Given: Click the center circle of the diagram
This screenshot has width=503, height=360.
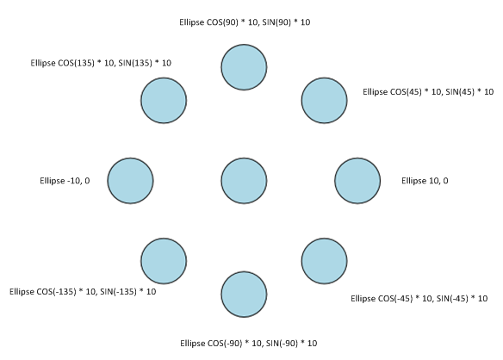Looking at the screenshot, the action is [244, 181].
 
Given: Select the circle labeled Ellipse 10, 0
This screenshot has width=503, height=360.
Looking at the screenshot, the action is [357, 181].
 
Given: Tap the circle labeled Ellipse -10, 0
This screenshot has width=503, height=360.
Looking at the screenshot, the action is [130, 181].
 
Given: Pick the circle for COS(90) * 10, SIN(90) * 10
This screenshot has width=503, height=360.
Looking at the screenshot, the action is [244, 67].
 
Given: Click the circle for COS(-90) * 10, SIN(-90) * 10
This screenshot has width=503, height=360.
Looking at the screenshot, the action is [244, 295].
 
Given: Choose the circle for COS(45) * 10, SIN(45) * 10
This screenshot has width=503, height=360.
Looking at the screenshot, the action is [324, 101].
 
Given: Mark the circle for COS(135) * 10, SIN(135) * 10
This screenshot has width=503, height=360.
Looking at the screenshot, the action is [164, 101].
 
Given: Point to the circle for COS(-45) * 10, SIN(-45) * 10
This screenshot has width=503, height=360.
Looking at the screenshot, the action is [324, 261].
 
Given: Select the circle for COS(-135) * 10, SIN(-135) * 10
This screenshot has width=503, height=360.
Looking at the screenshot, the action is [164, 261].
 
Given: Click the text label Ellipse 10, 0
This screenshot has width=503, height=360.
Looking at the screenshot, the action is [425, 181].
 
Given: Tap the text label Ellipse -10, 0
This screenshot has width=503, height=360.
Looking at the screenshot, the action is [65, 181].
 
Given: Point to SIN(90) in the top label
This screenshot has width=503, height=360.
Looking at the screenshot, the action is [276, 22].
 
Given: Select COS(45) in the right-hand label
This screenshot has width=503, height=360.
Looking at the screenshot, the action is [406, 92].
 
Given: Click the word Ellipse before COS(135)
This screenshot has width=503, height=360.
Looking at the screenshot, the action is [43, 63].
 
